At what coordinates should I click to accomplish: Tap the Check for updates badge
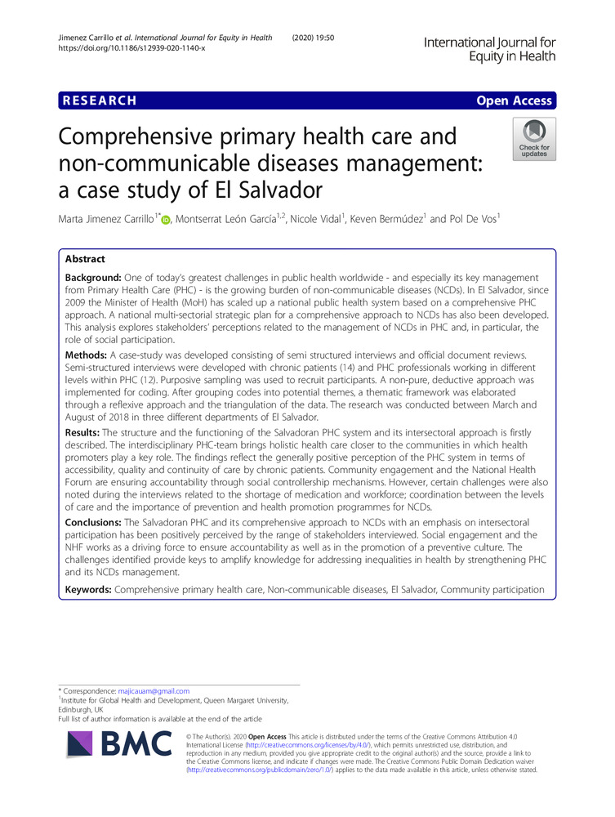point(534,138)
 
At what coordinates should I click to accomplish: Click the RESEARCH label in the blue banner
point(97,101)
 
